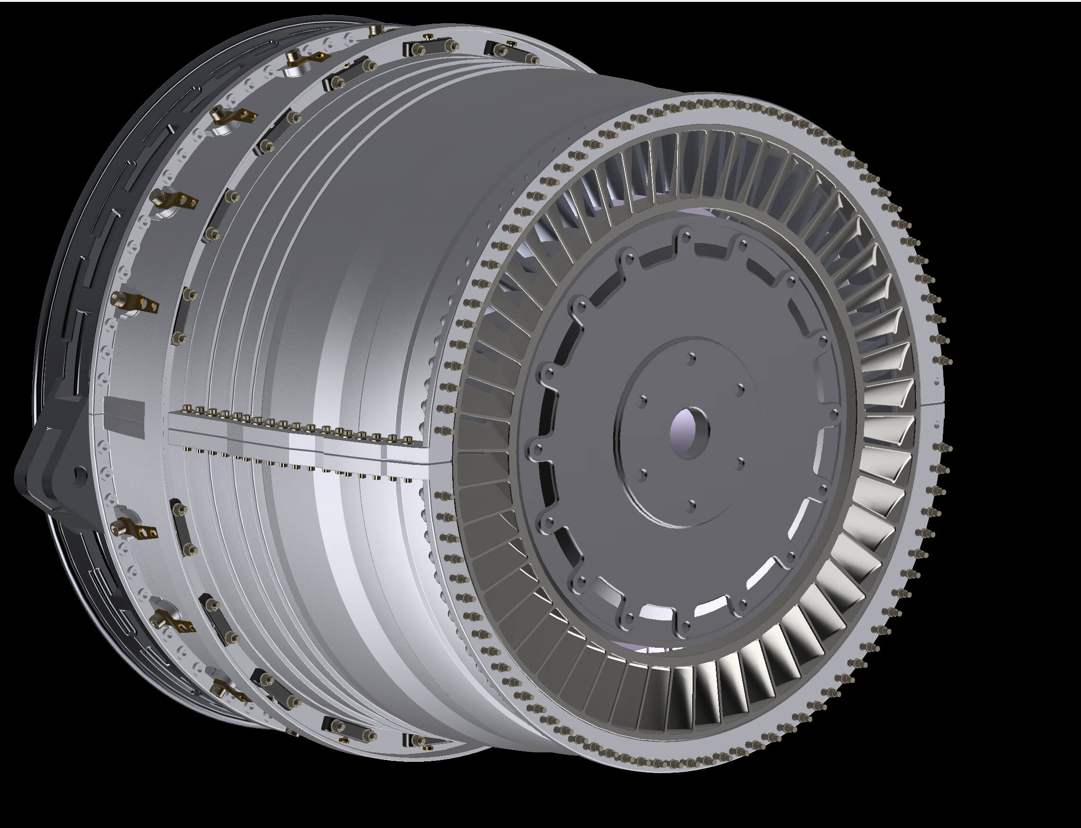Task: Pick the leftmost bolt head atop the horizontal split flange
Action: click(186, 409)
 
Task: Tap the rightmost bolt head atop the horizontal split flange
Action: click(407, 439)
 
